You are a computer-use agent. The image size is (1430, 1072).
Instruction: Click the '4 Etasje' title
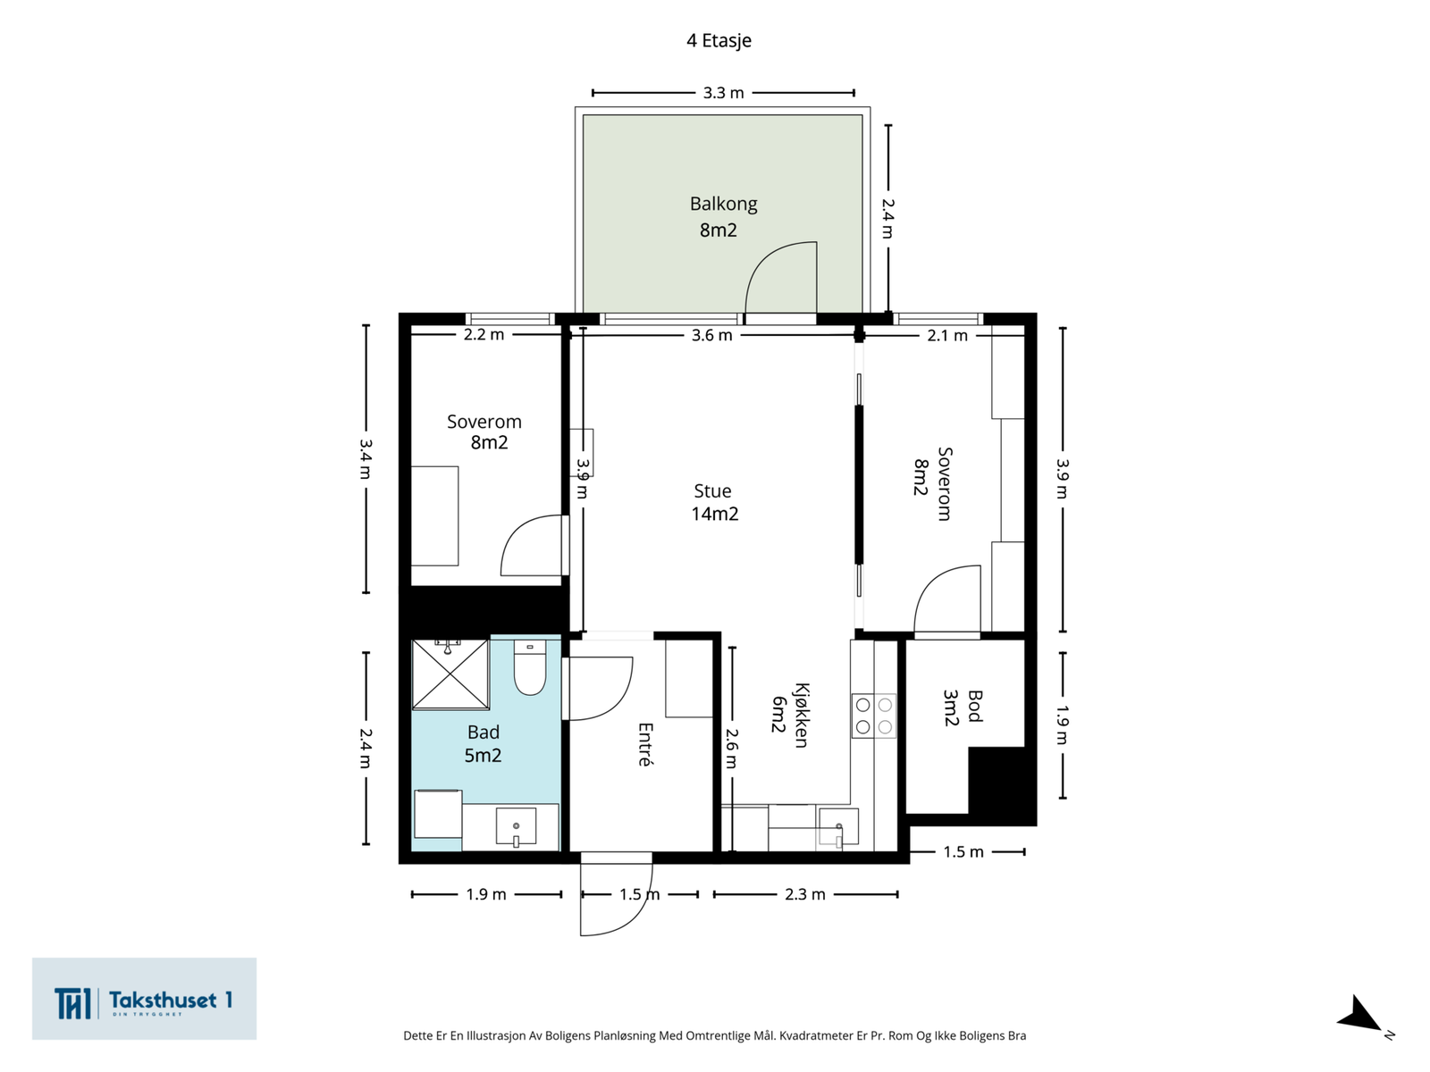pos(719,40)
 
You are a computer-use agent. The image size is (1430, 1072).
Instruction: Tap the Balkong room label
pos(723,205)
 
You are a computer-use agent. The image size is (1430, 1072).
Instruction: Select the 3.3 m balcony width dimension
pos(723,92)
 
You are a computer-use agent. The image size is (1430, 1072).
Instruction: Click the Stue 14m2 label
pos(714,502)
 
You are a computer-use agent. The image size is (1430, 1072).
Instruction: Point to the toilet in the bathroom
pos(530,667)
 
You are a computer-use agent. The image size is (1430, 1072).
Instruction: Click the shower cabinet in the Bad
pos(450,674)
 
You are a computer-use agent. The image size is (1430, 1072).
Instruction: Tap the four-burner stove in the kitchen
pos(873,716)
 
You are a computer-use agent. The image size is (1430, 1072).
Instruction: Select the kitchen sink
pos(838,827)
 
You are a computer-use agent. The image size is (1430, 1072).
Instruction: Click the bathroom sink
pos(516,827)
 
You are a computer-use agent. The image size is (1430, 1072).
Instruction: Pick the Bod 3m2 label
pos(963,708)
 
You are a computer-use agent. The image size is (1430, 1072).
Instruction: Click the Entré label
pos(645,745)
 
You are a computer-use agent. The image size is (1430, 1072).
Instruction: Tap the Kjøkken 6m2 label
pos(790,715)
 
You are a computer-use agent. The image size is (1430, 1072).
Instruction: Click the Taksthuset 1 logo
pos(144,999)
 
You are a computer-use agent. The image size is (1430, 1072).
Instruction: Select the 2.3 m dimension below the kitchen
pos(806,894)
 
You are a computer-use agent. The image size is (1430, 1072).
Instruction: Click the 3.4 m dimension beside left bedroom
pos(366,459)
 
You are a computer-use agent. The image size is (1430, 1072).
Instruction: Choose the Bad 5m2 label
pos(483,743)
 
